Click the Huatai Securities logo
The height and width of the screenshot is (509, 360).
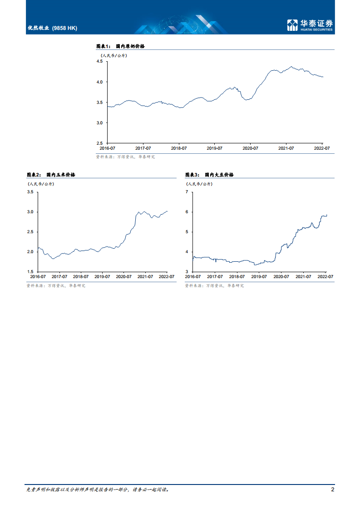tap(310, 25)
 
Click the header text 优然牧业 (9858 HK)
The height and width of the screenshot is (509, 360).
tap(52, 28)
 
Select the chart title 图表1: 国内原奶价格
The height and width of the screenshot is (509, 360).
tap(120, 46)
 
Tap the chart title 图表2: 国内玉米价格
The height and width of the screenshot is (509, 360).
tap(51, 175)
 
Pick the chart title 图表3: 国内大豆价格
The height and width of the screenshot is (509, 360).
tap(209, 175)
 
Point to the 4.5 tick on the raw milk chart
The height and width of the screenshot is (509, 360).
tap(99, 61)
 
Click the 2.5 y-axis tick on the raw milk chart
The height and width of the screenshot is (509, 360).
tap(99, 143)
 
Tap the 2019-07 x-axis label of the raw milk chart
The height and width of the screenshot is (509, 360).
tap(214, 148)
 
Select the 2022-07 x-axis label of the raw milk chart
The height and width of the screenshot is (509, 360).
tap(322, 148)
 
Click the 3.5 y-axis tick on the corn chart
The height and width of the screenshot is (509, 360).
tap(30, 192)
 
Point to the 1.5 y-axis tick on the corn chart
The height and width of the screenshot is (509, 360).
tap(30, 272)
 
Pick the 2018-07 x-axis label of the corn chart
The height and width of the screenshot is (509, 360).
tap(81, 276)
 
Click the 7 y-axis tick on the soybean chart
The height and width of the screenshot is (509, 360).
tap(187, 192)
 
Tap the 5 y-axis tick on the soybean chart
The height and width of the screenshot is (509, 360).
tap(187, 232)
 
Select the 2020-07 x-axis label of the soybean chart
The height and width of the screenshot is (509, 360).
tap(281, 276)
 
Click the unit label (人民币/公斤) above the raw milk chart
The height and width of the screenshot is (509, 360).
tap(114, 55)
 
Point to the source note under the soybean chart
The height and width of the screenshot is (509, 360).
tap(214, 286)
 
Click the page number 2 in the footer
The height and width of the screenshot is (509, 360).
tap(333, 490)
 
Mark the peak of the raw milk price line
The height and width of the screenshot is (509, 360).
tap(291, 67)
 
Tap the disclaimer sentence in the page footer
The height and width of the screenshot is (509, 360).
tap(98, 490)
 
